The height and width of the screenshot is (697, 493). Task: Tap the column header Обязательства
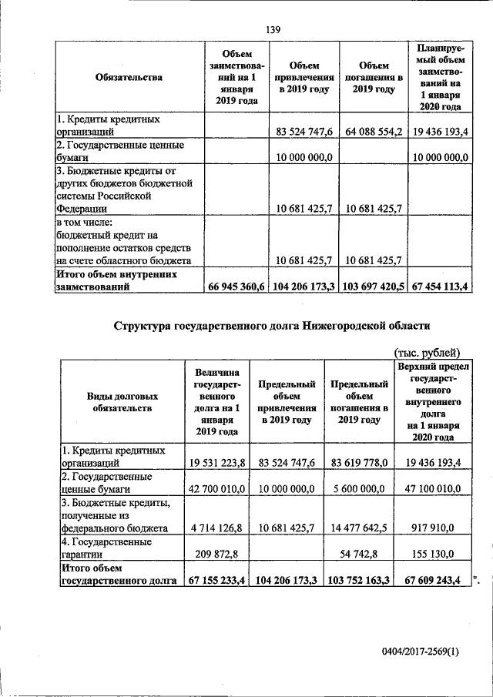coord(129,77)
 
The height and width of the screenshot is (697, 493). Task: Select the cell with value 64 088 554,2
coord(371,132)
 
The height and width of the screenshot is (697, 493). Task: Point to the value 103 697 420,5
coord(371,287)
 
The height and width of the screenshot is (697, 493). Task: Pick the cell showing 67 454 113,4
coord(440,287)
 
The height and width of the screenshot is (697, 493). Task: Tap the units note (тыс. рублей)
coord(426,353)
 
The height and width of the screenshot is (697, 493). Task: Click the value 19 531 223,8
coord(216,464)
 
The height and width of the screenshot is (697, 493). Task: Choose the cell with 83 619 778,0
coord(359,464)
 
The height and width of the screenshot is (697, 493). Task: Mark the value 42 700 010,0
coord(216,488)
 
